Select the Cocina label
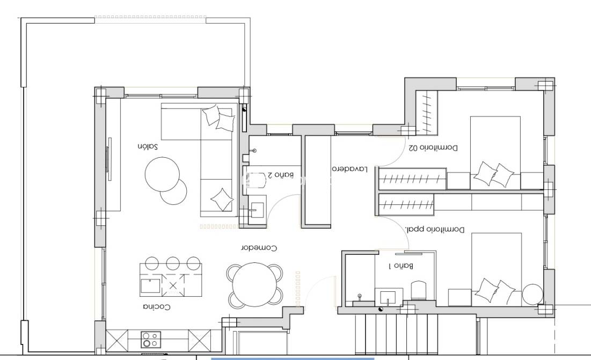click(x=156, y=307)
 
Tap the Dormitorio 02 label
click(x=433, y=147)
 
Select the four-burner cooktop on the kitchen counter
click(x=150, y=340)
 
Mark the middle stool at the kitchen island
click(x=172, y=263)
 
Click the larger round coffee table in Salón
click(x=162, y=173)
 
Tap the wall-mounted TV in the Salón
click(x=109, y=160)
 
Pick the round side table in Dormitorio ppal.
click(x=533, y=295)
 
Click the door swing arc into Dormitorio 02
click(x=393, y=156)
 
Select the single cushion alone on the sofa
click(x=222, y=199)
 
